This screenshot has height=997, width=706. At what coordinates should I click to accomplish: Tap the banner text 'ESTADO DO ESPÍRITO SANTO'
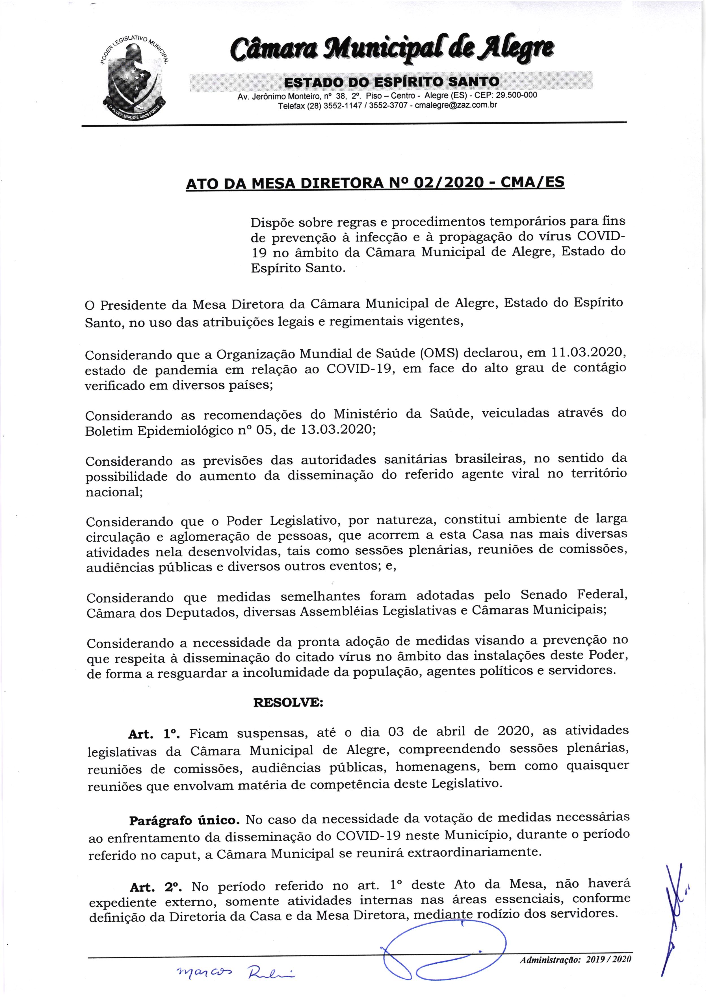click(391, 82)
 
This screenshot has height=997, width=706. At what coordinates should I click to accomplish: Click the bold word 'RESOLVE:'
click(288, 703)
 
